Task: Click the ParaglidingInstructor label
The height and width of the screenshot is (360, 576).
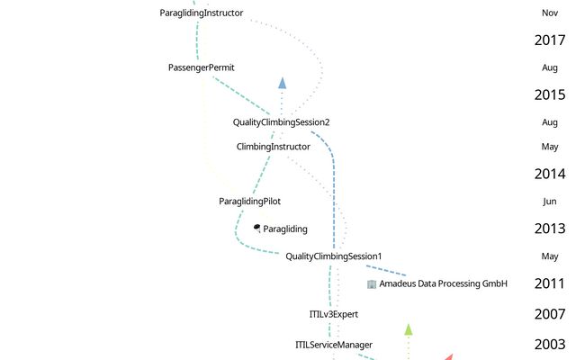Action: (x=201, y=13)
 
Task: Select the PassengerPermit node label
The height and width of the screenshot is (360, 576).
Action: (x=202, y=67)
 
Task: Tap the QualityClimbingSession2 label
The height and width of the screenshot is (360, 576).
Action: (x=281, y=122)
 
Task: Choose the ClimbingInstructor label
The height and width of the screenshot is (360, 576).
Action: (x=273, y=147)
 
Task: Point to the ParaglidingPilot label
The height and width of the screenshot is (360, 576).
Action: (x=249, y=202)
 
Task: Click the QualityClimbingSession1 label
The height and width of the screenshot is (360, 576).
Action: (x=333, y=256)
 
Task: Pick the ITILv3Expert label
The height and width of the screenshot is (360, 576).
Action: (x=334, y=314)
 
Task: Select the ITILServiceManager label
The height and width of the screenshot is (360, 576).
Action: (x=333, y=345)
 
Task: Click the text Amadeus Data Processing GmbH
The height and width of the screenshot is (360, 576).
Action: (x=443, y=284)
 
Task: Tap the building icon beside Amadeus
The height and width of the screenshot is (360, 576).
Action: (x=372, y=284)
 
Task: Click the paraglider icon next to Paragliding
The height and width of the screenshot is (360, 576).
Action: (x=257, y=229)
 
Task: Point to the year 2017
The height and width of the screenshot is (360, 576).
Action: (x=549, y=40)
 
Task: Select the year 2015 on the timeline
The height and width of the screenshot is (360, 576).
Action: (x=549, y=94)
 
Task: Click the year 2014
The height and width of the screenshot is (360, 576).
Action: (x=549, y=175)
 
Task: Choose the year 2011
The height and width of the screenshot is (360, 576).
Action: (x=549, y=284)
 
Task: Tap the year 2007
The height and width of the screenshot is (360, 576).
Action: (x=549, y=314)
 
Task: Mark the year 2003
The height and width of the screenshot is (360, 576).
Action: (x=549, y=345)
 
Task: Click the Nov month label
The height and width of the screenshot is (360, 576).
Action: (x=549, y=13)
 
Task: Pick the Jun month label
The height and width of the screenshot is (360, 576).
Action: (x=549, y=202)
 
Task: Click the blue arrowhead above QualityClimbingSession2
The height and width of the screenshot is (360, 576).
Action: (x=282, y=83)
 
